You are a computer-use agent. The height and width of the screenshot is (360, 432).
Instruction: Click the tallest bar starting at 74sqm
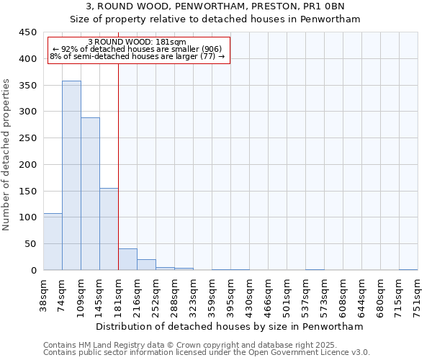(71, 176)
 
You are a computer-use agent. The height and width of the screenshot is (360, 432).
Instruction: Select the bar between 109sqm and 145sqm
(90, 194)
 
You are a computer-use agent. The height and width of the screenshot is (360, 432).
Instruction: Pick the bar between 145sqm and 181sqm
(109, 229)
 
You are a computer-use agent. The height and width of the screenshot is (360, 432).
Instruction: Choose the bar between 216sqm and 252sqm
(146, 265)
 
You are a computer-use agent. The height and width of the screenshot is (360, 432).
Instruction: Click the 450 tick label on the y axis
(27, 32)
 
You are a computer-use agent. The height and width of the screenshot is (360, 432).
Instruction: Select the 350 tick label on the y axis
(27, 86)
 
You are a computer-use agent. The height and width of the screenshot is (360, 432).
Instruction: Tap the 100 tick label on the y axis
(27, 217)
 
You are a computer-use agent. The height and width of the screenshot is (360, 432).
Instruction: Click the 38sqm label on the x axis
(44, 293)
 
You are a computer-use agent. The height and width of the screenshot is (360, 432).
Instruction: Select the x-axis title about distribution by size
(230, 326)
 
